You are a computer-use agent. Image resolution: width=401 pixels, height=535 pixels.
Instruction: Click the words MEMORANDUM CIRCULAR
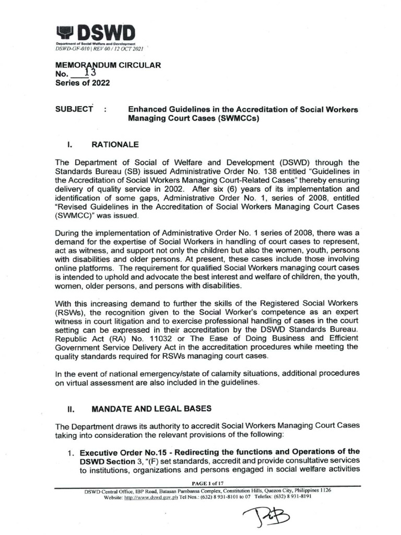tap(108, 65)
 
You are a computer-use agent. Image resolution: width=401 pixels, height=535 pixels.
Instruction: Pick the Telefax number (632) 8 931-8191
tap(293, 497)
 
